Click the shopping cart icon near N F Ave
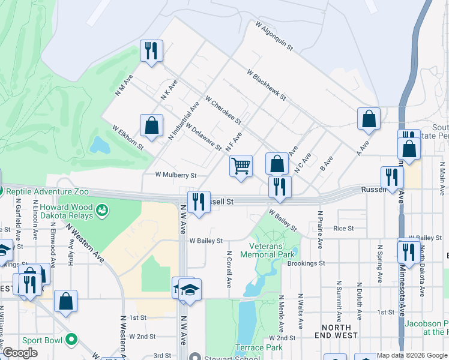(x=241, y=166)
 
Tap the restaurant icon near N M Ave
(x=151, y=51)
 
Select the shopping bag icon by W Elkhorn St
(x=151, y=126)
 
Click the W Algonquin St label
(x=274, y=37)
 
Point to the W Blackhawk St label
(x=266, y=85)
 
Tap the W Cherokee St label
(x=223, y=109)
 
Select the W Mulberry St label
(x=176, y=175)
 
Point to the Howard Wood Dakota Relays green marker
(x=103, y=210)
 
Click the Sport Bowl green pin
(x=71, y=340)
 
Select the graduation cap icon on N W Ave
(x=190, y=290)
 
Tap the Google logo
(x=21, y=353)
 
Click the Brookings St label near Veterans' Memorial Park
(x=306, y=263)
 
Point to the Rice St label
(x=343, y=228)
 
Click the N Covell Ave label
(x=229, y=269)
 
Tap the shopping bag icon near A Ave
(x=368, y=119)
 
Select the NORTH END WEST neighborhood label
(x=336, y=331)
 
